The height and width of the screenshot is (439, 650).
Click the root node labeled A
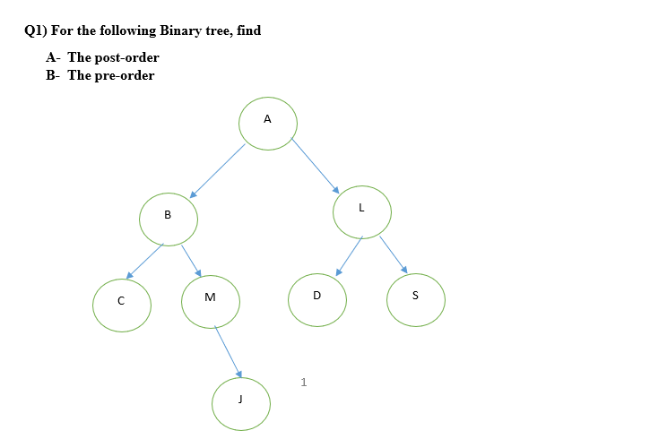click(268, 123)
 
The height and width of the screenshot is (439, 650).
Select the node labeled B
click(169, 218)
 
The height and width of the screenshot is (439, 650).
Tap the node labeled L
click(361, 211)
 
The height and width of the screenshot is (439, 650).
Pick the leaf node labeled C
click(121, 305)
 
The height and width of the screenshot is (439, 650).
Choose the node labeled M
click(211, 301)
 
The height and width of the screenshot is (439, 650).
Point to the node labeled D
click(316, 298)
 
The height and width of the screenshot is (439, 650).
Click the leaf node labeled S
click(415, 299)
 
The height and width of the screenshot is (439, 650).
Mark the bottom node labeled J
click(240, 403)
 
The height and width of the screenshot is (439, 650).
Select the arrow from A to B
click(218, 169)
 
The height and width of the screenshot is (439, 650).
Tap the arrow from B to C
click(145, 261)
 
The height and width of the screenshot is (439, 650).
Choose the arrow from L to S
click(394, 254)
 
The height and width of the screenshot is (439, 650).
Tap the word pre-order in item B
click(124, 75)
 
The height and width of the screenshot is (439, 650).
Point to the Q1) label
click(36, 30)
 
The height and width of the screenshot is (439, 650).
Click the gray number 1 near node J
click(304, 383)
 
